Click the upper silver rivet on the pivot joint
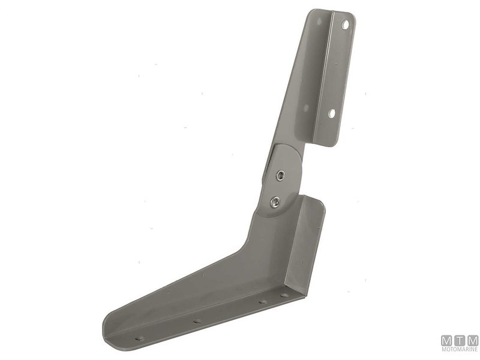pos(280,175)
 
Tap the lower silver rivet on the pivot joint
pos(275,201)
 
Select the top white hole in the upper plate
pos(345,25)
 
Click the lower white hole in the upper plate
pos(332,113)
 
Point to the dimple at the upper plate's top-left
pos(319,22)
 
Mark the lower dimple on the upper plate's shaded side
pos(305,107)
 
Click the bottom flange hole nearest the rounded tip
pos(140,338)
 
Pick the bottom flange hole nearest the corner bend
pos(284,295)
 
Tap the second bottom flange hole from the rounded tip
pos(197,321)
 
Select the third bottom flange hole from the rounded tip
pos(262,302)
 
